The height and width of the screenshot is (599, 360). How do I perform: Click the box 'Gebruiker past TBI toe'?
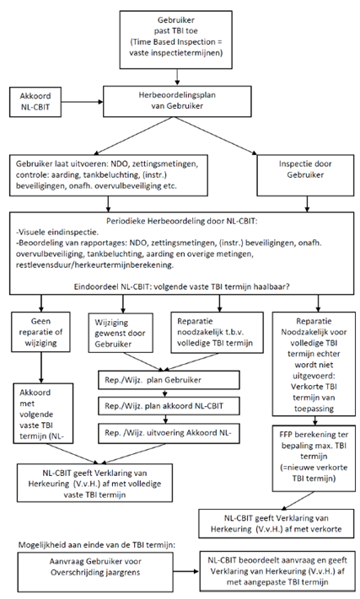point(176,40)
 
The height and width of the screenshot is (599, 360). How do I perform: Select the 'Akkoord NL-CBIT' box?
point(35,102)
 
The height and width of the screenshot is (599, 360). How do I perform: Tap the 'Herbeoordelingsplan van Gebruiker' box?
point(177,101)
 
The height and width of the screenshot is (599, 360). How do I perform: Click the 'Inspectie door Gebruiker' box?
point(305,175)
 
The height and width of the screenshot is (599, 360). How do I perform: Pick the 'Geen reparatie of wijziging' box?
point(40,332)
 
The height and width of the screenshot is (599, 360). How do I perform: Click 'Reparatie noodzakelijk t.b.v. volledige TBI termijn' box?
point(217,332)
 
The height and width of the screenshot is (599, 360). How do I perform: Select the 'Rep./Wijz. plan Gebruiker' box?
point(169,380)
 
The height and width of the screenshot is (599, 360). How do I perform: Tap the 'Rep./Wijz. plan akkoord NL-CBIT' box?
point(169,406)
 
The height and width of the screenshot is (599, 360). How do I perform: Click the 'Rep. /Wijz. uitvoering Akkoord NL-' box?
point(169,433)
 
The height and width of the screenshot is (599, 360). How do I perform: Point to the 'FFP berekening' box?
point(314,458)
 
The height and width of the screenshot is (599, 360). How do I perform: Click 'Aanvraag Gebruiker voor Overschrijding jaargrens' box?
point(95,572)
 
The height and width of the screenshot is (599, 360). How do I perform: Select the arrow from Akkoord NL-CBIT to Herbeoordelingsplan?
point(82,102)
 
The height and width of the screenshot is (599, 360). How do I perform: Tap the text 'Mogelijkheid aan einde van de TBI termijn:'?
point(97,544)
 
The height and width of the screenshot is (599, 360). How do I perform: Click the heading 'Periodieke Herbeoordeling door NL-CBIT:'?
point(182,222)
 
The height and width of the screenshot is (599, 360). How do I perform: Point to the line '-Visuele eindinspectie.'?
point(53,232)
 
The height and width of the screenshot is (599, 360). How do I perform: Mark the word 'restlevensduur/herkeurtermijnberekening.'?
point(94,265)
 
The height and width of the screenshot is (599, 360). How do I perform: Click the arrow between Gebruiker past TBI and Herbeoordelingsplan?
point(176,78)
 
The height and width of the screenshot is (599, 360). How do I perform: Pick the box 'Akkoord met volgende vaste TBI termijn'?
point(43,414)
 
